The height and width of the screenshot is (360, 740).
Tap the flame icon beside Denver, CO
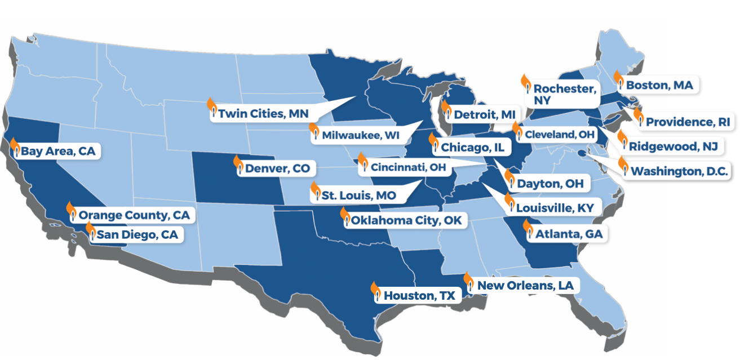click(238, 165)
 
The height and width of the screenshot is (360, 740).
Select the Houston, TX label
click(419, 295)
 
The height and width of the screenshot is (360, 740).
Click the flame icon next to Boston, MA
click(618, 81)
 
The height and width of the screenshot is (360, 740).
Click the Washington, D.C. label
click(680, 171)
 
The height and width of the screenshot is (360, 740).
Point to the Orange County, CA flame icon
click(71, 211)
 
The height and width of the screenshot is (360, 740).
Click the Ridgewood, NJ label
click(673, 146)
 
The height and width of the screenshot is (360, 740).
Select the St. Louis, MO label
click(358, 195)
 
